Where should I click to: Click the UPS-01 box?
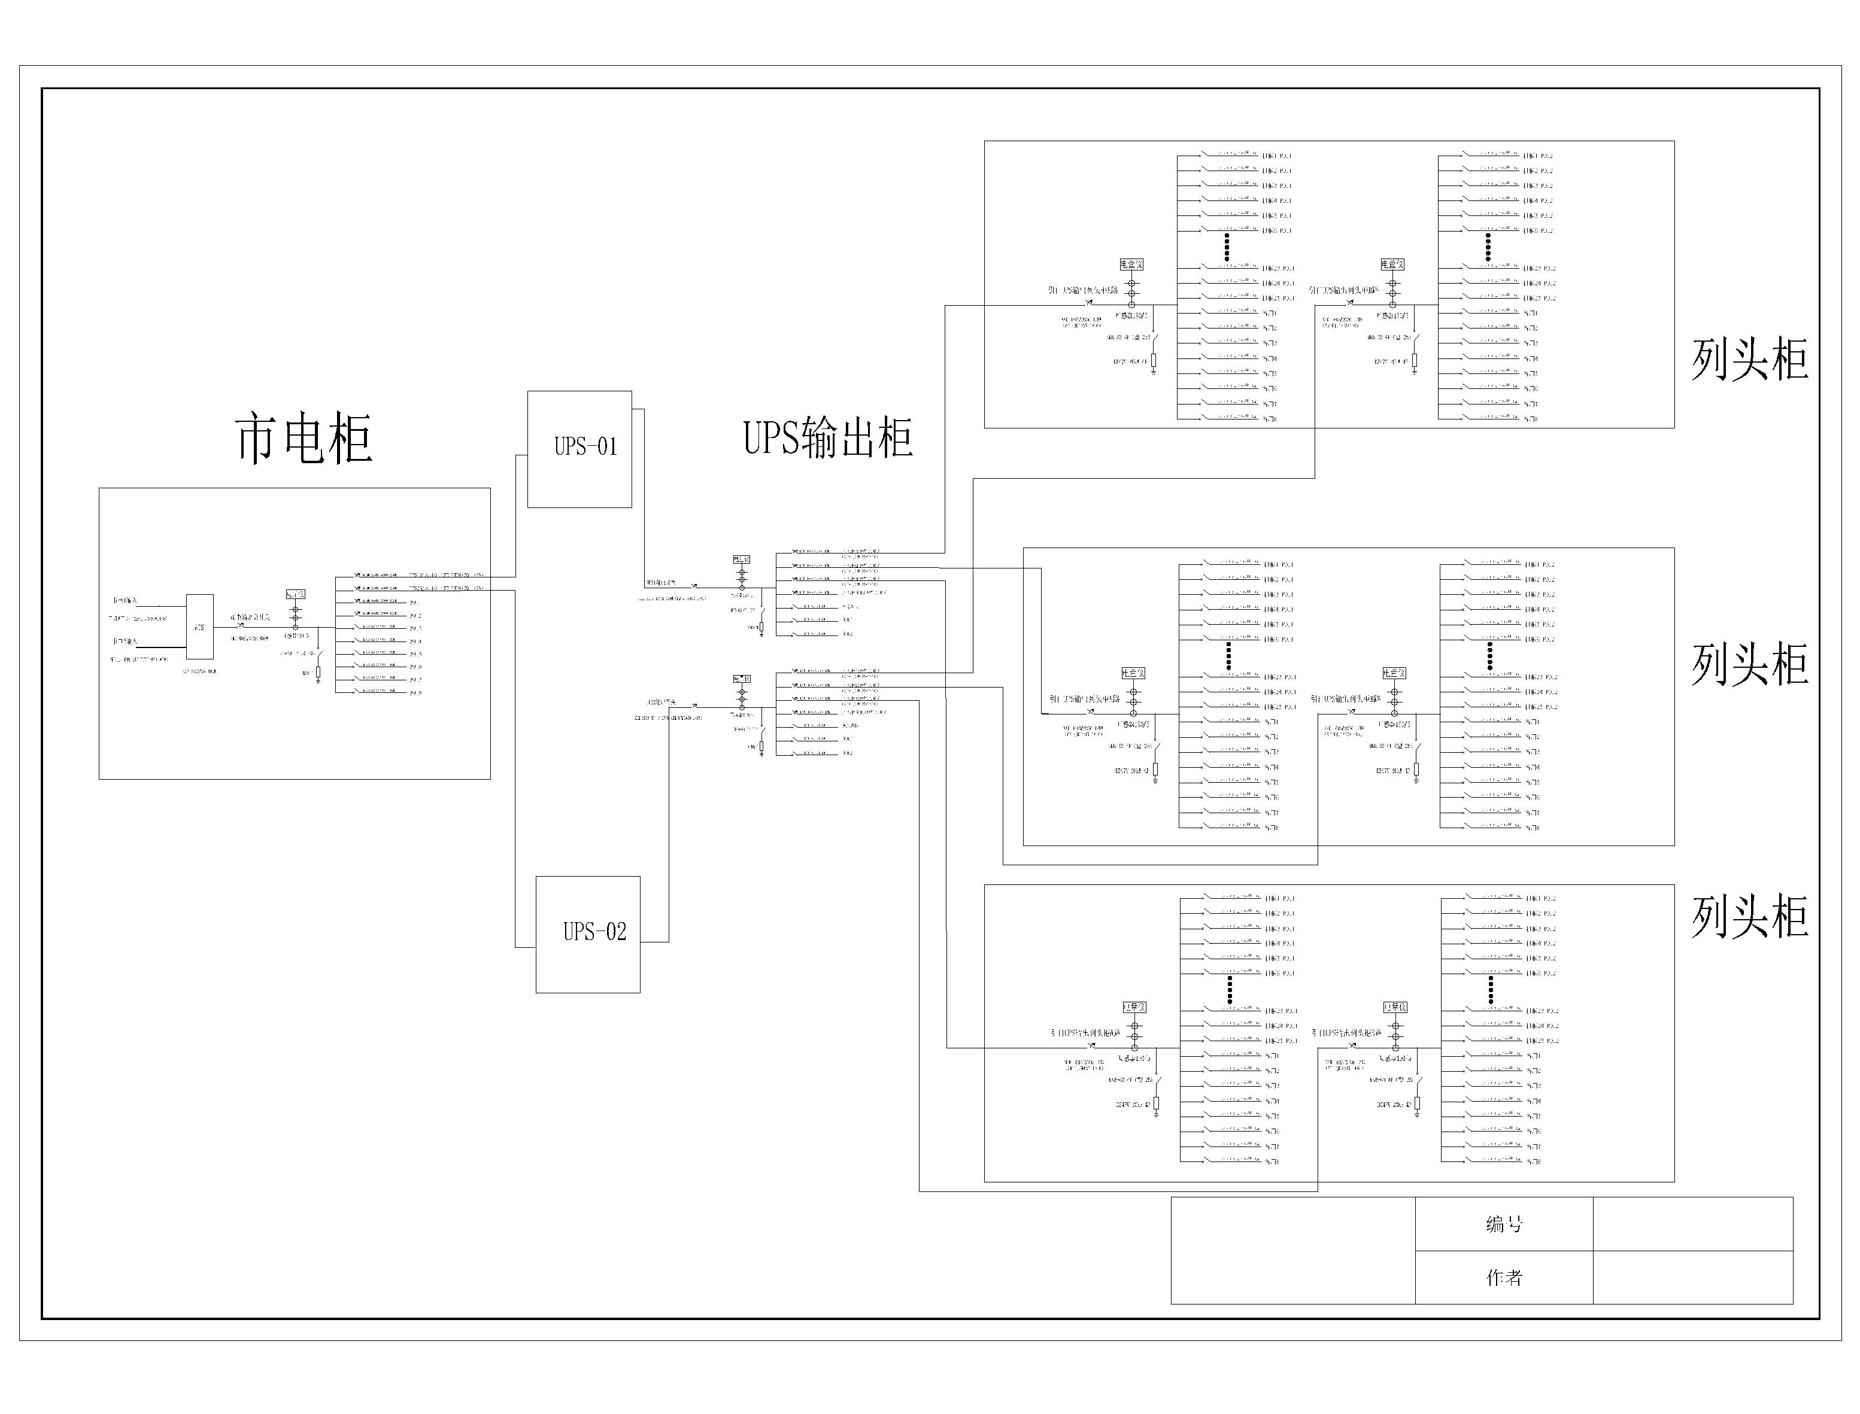pos(579,449)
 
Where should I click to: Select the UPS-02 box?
pos(588,934)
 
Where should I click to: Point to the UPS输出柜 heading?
pos(828,437)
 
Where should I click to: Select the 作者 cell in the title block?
pos(1504,1278)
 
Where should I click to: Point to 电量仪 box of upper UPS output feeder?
pos(741,559)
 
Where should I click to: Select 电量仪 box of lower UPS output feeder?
pos(741,679)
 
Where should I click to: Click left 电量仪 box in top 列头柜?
pos(1131,264)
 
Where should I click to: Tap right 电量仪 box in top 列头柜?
pos(1392,264)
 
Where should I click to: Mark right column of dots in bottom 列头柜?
pos(1491,991)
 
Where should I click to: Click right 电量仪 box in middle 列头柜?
pos(1394,673)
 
